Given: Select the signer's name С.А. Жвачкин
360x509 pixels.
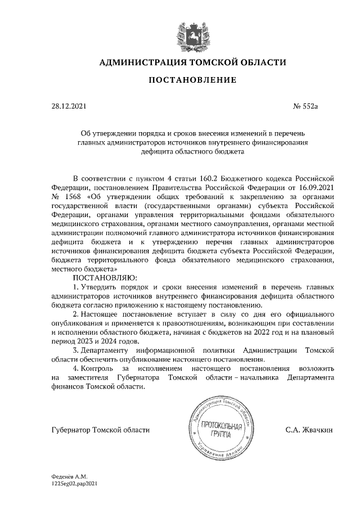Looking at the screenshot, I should (x=309, y=430).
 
